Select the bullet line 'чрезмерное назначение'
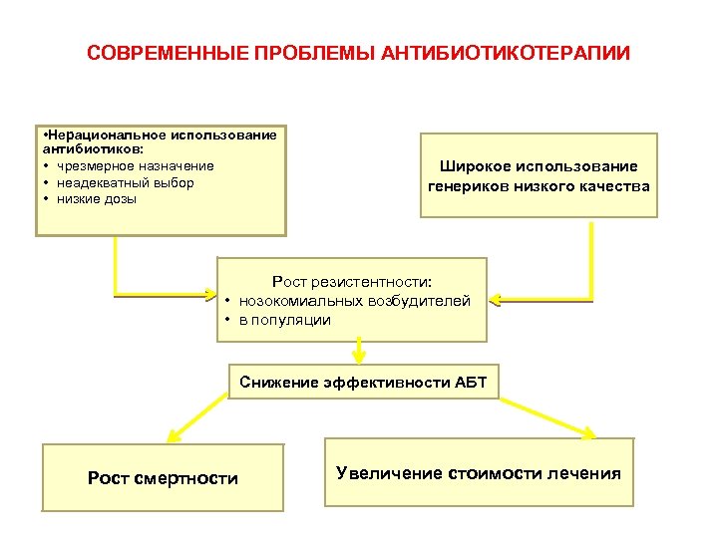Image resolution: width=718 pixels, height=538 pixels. [135, 165]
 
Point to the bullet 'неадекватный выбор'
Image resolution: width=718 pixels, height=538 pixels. [125, 182]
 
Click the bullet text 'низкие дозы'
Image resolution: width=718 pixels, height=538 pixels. [97, 199]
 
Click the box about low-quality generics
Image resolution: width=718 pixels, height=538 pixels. [538, 175]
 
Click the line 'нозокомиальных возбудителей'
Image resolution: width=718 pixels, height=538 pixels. [354, 301]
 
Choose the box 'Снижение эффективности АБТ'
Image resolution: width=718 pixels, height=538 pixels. [363, 383]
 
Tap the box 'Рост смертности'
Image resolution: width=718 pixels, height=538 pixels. [163, 478]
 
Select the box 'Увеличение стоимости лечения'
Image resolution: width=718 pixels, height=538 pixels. [479, 473]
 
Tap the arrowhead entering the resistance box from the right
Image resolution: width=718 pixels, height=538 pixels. [496, 298]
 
